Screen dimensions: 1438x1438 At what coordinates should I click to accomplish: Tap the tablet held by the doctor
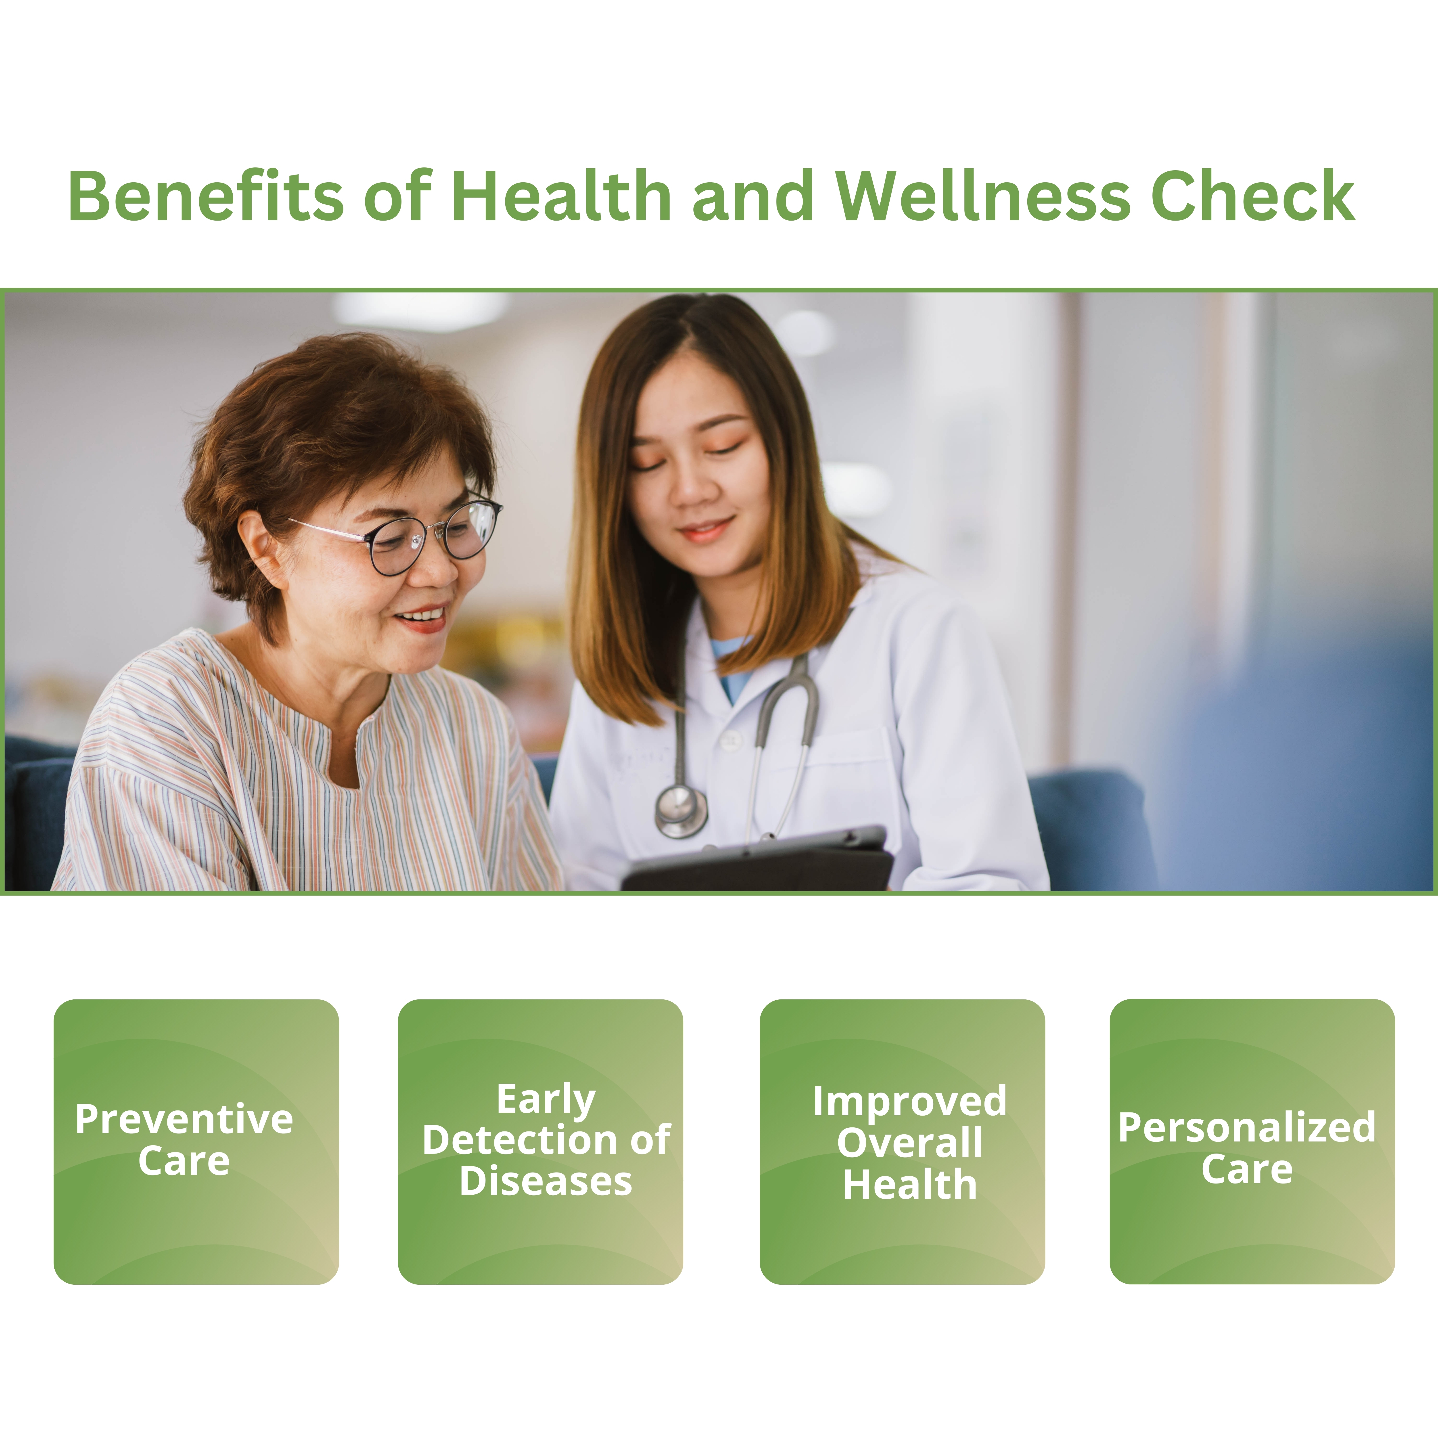[758, 860]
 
